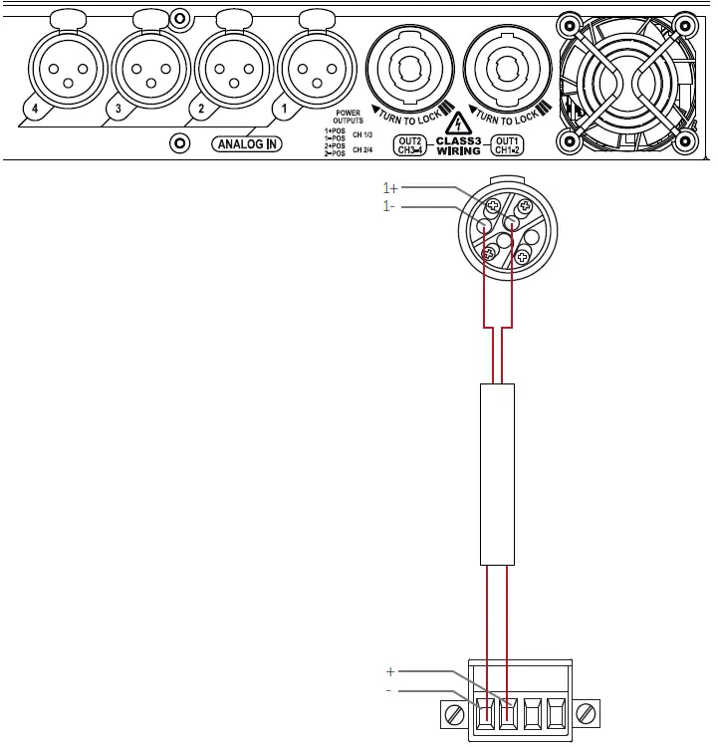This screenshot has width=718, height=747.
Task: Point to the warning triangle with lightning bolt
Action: tap(457, 124)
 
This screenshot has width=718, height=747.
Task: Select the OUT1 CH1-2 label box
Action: tap(508, 145)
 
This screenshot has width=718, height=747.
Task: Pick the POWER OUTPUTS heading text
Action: tap(348, 117)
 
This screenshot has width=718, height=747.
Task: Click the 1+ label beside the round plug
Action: tap(391, 188)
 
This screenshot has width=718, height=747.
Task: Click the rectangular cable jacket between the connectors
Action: tap(498, 474)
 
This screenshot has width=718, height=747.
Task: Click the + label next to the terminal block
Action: tap(390, 671)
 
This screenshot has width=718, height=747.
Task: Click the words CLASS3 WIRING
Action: tap(458, 145)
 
